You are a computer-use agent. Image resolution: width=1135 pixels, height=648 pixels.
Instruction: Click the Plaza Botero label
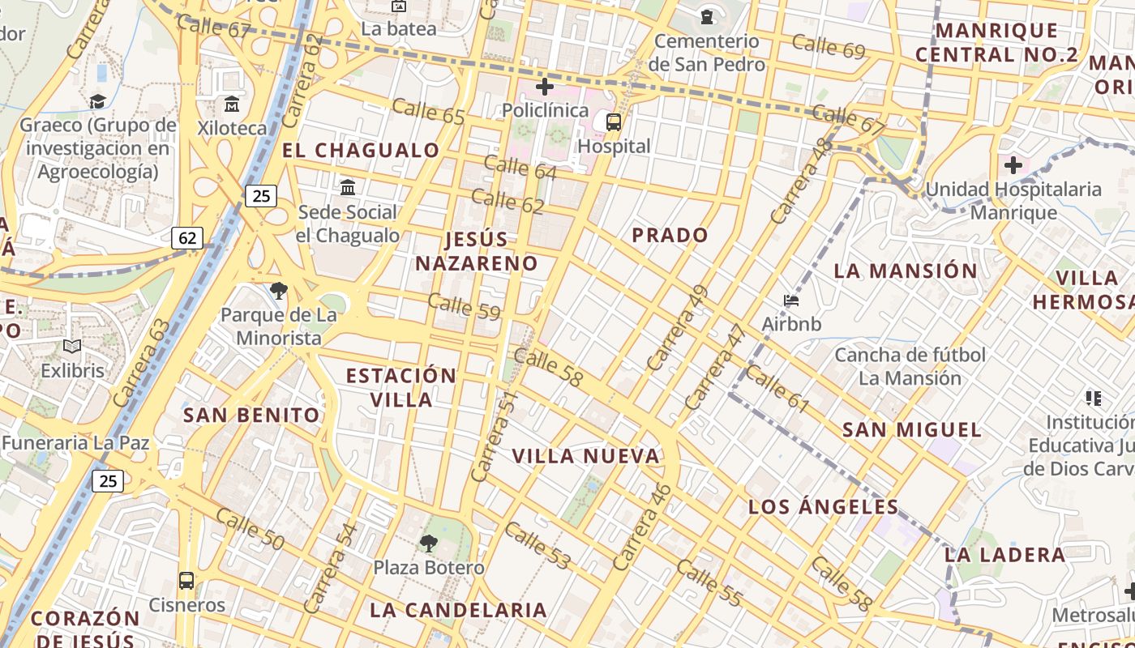pyautogui.click(x=429, y=567)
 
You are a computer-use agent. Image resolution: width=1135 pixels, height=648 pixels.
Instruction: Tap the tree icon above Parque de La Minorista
pyautogui.click(x=279, y=291)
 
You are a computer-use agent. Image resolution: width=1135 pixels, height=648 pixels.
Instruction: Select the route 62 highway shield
pyautogui.click(x=187, y=238)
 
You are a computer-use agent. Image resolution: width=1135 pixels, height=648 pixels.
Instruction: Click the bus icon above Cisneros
pyautogui.click(x=186, y=581)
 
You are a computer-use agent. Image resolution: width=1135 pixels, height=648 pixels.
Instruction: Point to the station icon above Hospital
pyautogui.click(x=614, y=122)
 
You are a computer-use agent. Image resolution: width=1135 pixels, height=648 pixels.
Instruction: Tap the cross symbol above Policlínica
pyautogui.click(x=545, y=86)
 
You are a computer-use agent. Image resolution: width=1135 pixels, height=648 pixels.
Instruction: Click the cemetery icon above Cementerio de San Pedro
pyautogui.click(x=708, y=16)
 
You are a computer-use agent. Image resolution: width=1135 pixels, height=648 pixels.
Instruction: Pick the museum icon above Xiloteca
pyautogui.click(x=232, y=104)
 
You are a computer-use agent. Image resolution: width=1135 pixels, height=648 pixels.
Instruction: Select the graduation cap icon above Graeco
pyautogui.click(x=97, y=101)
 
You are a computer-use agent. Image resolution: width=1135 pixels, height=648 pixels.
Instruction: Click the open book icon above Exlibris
pyautogui.click(x=73, y=347)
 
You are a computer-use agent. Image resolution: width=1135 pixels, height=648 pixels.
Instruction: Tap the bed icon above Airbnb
pyautogui.click(x=791, y=301)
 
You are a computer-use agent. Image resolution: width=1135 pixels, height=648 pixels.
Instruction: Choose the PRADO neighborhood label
pyautogui.click(x=670, y=236)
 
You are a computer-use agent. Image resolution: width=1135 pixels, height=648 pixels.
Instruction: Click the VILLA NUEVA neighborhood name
pyautogui.click(x=586, y=456)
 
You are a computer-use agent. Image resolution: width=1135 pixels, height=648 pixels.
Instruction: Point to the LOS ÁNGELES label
pyautogui.click(x=824, y=508)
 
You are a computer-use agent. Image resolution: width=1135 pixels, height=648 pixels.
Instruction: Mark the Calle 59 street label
pyautogui.click(x=464, y=307)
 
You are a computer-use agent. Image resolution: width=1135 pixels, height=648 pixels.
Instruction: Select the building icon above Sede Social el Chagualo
pyautogui.click(x=348, y=188)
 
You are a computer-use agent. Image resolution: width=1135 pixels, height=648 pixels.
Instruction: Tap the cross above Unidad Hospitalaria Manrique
pyautogui.click(x=1013, y=166)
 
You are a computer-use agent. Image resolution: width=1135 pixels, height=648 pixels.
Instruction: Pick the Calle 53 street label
pyautogui.click(x=538, y=545)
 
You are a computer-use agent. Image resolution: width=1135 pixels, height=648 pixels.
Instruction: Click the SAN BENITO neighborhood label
pyautogui.click(x=252, y=416)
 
